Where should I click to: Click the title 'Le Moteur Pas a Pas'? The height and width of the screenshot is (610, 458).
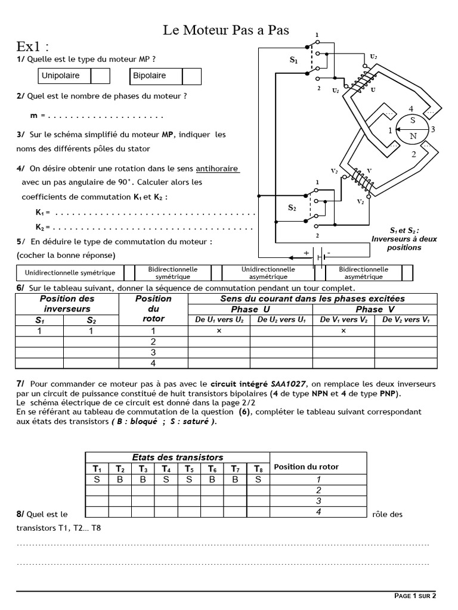(x=226, y=30)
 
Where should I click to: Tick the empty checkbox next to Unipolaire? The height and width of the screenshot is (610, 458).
(x=101, y=76)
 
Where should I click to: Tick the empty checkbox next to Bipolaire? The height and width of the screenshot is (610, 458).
(x=191, y=76)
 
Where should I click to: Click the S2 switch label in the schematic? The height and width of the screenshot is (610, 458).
(x=292, y=208)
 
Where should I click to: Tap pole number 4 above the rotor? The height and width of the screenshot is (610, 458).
(x=410, y=109)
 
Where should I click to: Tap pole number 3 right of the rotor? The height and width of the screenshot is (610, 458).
(x=434, y=129)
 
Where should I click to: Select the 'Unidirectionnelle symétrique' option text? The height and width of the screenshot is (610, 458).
(x=70, y=273)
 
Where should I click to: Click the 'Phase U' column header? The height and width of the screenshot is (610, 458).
(x=250, y=309)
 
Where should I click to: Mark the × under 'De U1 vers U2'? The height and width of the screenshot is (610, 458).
(x=219, y=331)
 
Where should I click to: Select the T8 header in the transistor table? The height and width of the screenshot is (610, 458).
(x=258, y=468)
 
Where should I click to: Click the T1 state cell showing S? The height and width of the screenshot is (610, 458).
(x=96, y=480)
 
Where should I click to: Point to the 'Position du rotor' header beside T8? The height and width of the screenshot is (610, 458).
(x=306, y=467)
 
